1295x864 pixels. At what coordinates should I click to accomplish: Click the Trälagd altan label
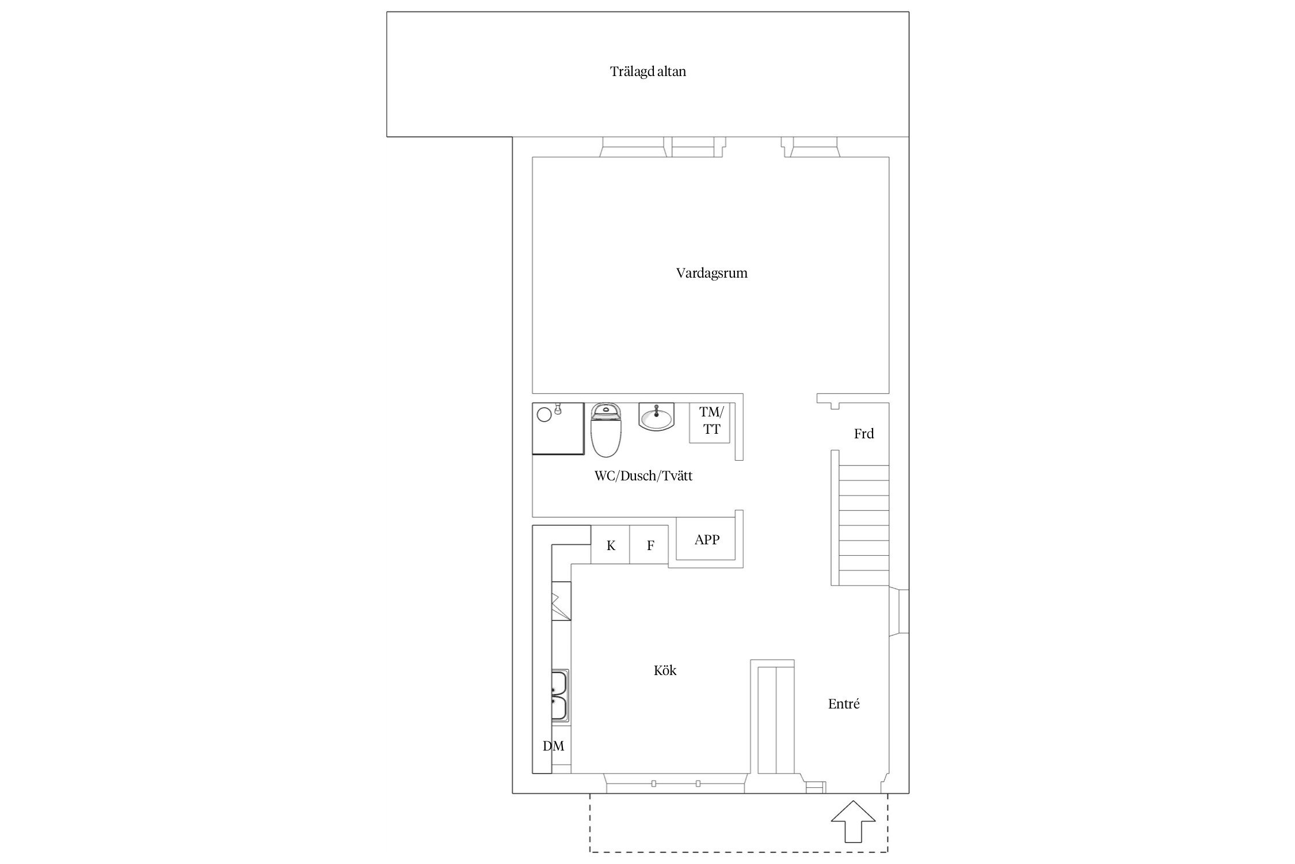(x=647, y=72)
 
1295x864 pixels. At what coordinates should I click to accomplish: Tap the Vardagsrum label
(x=711, y=273)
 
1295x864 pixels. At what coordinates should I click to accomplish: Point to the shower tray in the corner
(x=557, y=429)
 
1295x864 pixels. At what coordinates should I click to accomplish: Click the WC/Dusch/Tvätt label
(x=643, y=476)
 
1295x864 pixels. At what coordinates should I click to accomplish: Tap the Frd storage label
(x=863, y=434)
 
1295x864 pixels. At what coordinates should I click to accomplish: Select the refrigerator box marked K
(x=611, y=545)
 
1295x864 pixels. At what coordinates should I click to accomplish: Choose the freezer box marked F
(x=650, y=545)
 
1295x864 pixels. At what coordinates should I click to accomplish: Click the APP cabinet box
(x=706, y=540)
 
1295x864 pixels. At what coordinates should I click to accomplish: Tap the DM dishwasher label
(x=553, y=746)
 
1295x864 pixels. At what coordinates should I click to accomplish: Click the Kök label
(x=665, y=670)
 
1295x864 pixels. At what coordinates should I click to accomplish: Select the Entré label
(x=843, y=704)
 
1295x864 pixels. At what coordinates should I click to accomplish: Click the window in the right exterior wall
(x=900, y=612)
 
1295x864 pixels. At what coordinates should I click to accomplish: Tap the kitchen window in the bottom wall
(x=675, y=783)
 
